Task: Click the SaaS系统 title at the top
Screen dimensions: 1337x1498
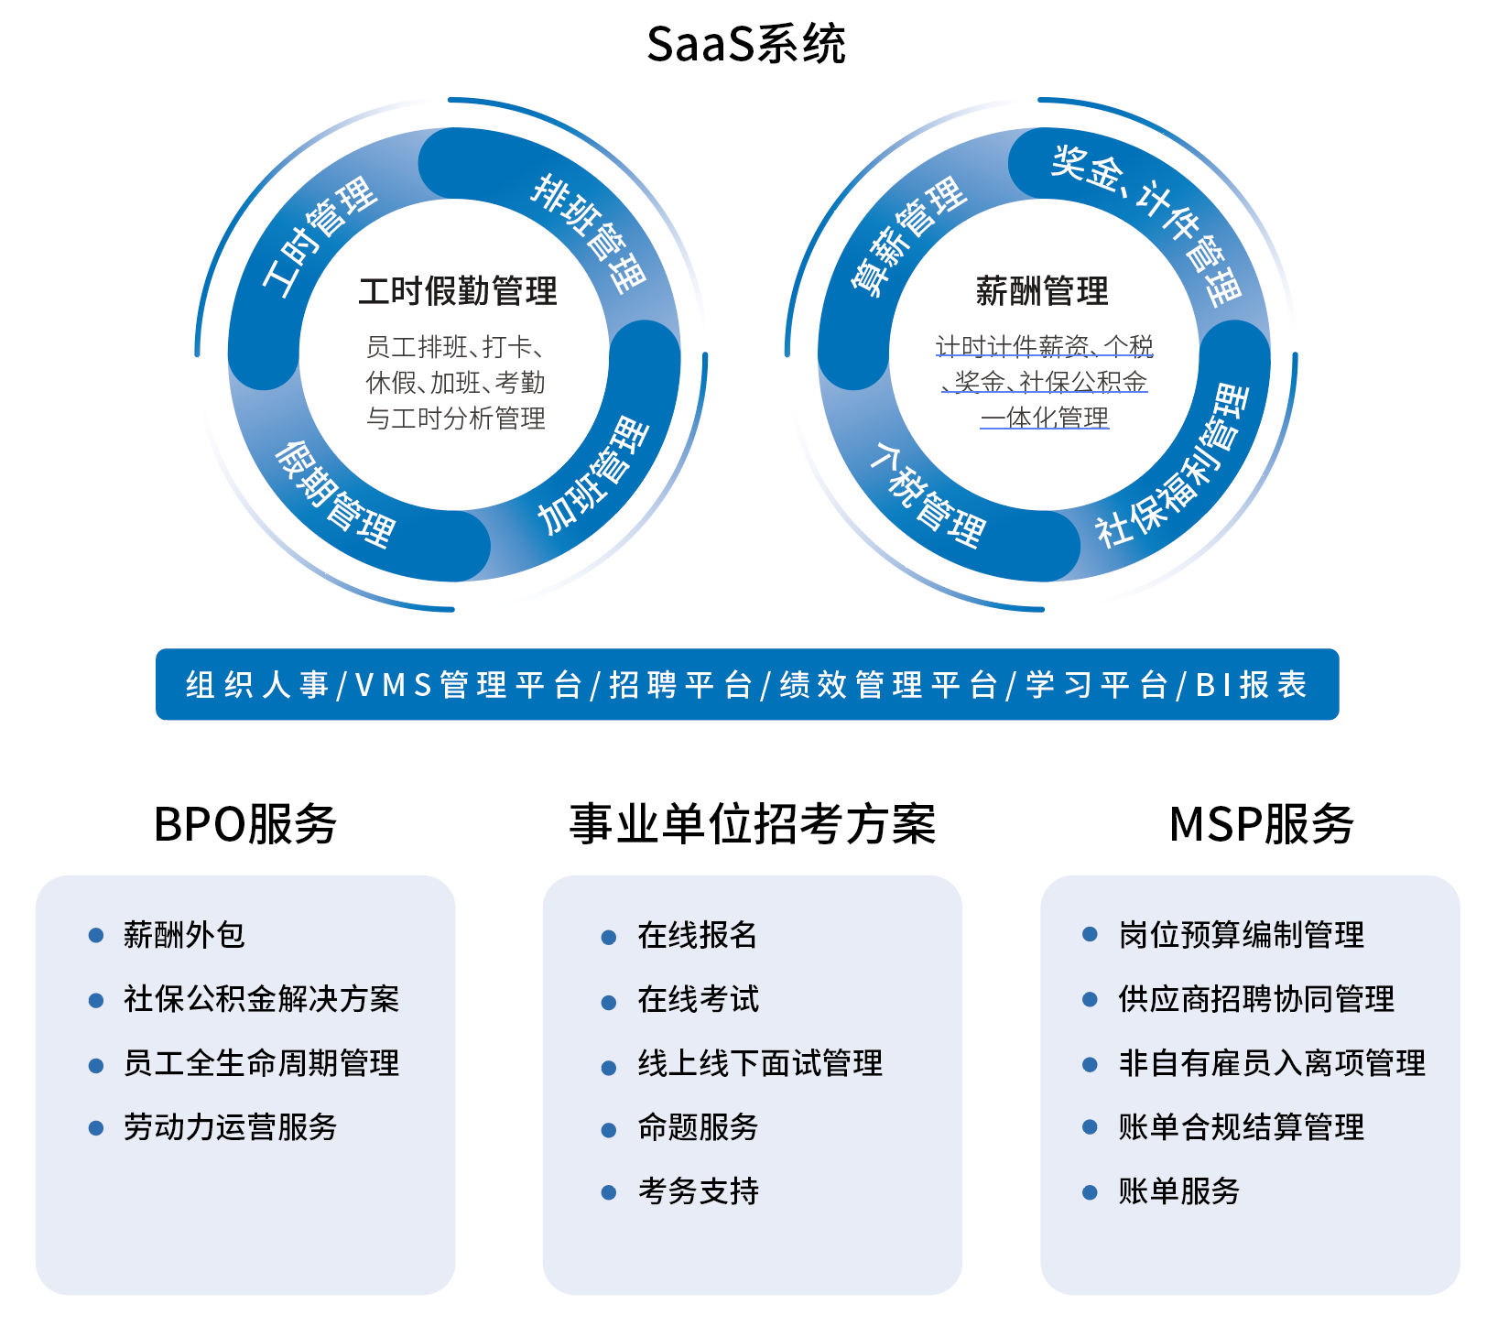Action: (x=746, y=44)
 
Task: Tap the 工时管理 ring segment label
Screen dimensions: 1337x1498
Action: (x=320, y=236)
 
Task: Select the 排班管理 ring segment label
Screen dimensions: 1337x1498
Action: (x=590, y=233)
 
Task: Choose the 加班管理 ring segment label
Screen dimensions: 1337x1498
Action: (x=593, y=476)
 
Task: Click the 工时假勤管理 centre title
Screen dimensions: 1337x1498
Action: (x=458, y=291)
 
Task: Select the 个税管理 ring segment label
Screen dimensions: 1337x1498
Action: (x=927, y=496)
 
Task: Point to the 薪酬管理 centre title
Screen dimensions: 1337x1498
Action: (x=1042, y=291)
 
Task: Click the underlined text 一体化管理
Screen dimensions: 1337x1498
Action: (x=1045, y=418)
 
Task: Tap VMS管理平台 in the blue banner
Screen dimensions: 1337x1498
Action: (x=468, y=685)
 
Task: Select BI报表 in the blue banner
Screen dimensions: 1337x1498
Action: (x=1251, y=685)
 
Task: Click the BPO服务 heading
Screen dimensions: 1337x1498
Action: (x=245, y=823)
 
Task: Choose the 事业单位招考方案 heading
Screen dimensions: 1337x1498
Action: (x=753, y=823)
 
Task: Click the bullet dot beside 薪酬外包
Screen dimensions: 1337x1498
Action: (x=95, y=935)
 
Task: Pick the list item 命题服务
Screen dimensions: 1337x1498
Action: (x=698, y=1127)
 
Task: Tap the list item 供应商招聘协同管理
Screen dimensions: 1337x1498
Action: (x=1256, y=999)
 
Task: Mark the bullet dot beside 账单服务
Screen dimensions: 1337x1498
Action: (x=1090, y=1191)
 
